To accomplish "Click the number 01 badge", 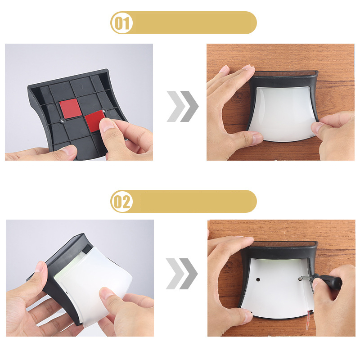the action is pyautogui.click(x=121, y=23).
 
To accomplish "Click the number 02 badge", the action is pyautogui.click(x=121, y=202).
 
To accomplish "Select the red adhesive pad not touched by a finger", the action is pyautogui.click(x=71, y=108).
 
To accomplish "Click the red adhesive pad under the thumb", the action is pyautogui.click(x=94, y=121).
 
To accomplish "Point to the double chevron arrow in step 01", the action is pyautogui.click(x=183, y=106).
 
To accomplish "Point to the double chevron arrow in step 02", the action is pyautogui.click(x=182, y=274).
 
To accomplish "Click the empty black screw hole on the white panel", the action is pyautogui.click(x=258, y=279).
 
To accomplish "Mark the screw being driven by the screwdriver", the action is pyautogui.click(x=300, y=279).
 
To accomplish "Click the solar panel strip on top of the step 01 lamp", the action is pyautogui.click(x=285, y=74).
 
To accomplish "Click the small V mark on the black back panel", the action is pyautogui.click(x=81, y=87).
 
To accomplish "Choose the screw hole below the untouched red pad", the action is pyautogui.click(x=62, y=121).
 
